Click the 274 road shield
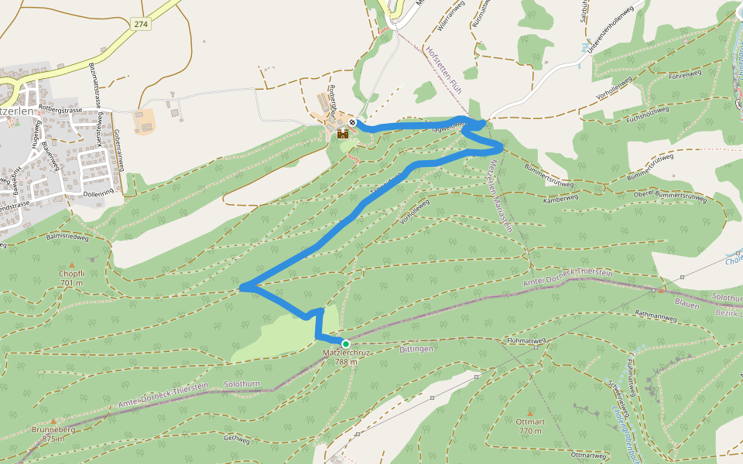pyautogui.click(x=140, y=25)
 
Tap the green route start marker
pyautogui.click(x=345, y=343)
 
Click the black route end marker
pyautogui.click(x=352, y=122)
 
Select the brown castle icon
pyautogui.click(x=342, y=134)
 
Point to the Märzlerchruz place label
pyautogui.click(x=346, y=353)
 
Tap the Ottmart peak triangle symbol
pyautogui.click(x=530, y=412)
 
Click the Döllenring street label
pyautogui.click(x=98, y=191)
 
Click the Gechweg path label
pyautogui.click(x=237, y=438)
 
